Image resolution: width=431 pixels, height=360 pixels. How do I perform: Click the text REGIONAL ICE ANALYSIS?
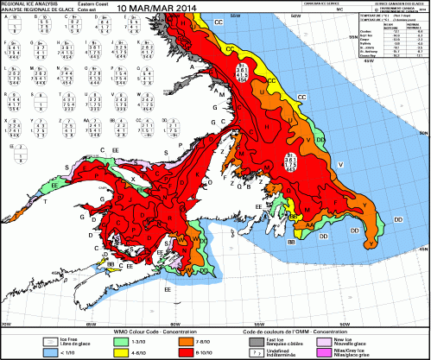point(31,3)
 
